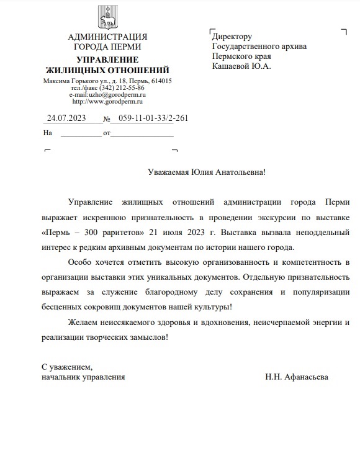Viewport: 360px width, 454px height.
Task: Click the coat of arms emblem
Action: click(x=107, y=18)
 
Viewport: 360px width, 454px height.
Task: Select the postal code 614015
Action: click(x=161, y=81)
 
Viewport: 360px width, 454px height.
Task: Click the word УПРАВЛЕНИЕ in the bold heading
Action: click(x=107, y=60)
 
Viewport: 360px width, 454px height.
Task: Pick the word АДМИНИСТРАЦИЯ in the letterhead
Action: click(x=107, y=37)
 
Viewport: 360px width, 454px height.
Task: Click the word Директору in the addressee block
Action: click(x=232, y=37)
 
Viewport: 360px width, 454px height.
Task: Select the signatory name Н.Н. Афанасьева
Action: click(x=297, y=376)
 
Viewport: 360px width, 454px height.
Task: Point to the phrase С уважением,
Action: click(x=67, y=367)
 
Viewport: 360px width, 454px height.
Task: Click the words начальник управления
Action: click(x=83, y=376)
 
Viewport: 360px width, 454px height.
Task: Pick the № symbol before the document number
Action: click(x=107, y=118)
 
